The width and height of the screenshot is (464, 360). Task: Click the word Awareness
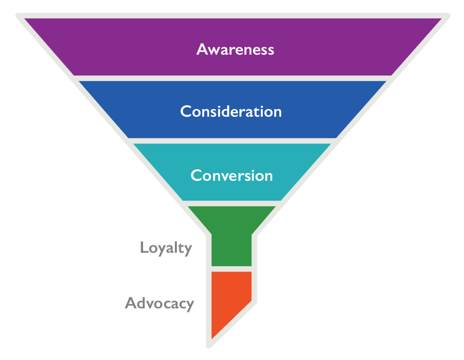(x=235, y=49)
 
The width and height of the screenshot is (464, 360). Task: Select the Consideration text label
(x=231, y=112)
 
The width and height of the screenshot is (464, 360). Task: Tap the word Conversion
(x=232, y=175)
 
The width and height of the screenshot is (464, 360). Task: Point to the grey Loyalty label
(x=166, y=248)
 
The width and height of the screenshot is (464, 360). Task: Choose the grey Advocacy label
(x=159, y=303)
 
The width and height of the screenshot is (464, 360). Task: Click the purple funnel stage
(x=232, y=47)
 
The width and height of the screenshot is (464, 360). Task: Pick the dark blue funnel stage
(x=232, y=109)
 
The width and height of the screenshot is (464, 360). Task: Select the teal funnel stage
(x=232, y=172)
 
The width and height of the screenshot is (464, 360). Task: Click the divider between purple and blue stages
(x=232, y=78)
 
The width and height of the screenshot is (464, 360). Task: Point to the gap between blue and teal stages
(x=232, y=141)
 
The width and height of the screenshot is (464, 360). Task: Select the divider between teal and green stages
(x=232, y=204)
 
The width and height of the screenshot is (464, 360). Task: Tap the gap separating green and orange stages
(x=232, y=269)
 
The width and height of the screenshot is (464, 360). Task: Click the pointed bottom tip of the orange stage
(x=212, y=339)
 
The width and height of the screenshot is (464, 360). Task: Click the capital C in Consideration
(x=186, y=112)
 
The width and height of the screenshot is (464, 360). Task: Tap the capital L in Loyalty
(x=144, y=247)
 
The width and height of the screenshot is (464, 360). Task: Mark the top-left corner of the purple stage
(x=24, y=19)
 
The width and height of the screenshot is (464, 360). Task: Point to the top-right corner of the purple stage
(x=442, y=19)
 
